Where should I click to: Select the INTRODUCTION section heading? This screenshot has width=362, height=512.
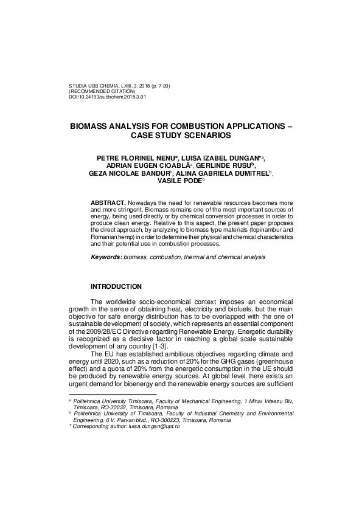coord(116,286)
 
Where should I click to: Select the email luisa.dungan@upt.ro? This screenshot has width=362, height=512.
coord(153,444)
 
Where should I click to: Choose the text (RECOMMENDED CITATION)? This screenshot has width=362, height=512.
coord(102,91)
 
